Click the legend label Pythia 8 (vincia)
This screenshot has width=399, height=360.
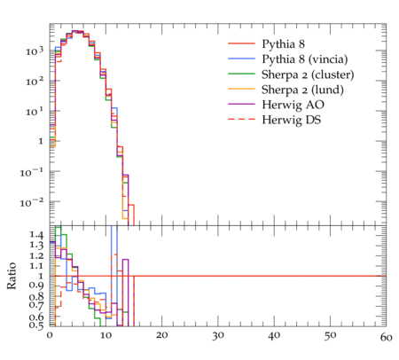point(305,59)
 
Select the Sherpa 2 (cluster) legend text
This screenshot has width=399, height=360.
point(308,74)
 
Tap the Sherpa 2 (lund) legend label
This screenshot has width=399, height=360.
point(302,90)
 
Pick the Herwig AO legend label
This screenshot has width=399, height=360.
point(293,105)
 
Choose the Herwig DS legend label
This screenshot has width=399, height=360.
point(292,120)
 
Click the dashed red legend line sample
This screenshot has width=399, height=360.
point(241,119)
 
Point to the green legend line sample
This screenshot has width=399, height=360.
point(241,74)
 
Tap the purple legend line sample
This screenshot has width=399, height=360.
point(241,104)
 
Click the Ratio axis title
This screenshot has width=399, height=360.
point(12,276)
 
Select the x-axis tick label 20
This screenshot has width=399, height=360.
point(161,335)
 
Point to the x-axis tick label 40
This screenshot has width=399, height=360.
point(274,335)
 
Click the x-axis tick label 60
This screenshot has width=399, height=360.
point(386,337)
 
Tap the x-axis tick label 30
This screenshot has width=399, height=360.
point(218,335)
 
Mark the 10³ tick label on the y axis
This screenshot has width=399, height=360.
point(35,51)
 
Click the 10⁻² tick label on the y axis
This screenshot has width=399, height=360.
point(32,202)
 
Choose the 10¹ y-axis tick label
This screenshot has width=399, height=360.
point(35,112)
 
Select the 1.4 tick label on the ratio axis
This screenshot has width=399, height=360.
point(36,235)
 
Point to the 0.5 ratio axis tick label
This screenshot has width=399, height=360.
point(36,325)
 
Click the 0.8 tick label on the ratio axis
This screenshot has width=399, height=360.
point(36,296)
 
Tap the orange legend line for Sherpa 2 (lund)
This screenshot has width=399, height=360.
point(241,89)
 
